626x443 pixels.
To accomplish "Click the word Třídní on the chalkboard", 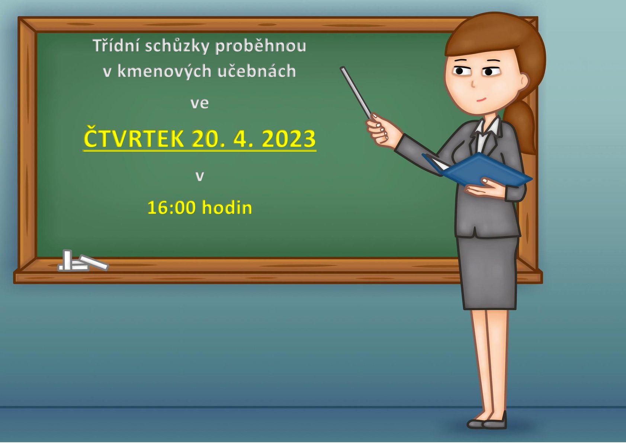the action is click(x=116, y=45).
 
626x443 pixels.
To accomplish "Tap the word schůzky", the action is click(x=177, y=46).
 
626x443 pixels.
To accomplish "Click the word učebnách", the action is click(x=257, y=71).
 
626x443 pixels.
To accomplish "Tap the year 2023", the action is click(x=289, y=139).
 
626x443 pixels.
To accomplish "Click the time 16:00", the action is click(x=171, y=208).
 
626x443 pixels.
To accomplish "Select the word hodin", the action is click(x=227, y=207).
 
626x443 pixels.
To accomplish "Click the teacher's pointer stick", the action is click(x=356, y=93).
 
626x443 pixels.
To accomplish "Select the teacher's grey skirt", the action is click(x=488, y=273).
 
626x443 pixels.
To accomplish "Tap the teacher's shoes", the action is click(x=487, y=421).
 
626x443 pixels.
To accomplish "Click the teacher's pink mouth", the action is click(x=481, y=99).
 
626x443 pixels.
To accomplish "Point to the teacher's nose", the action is click(x=473, y=84).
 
